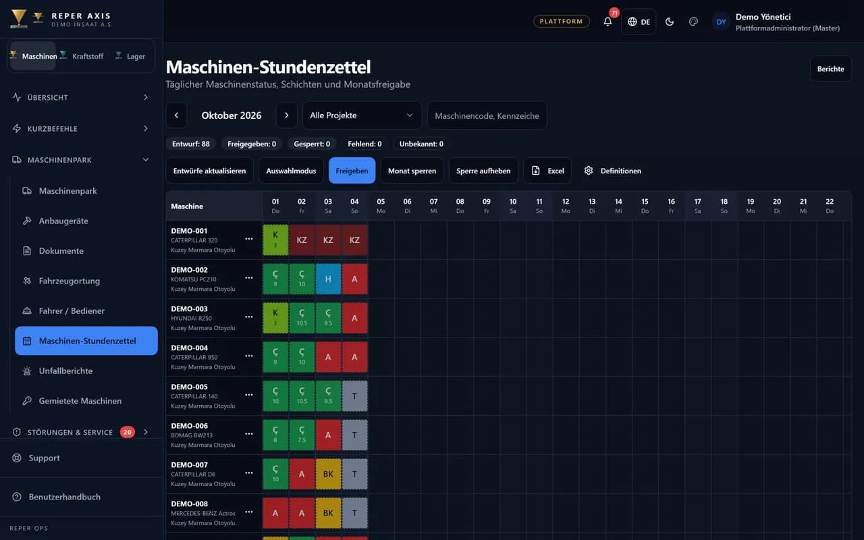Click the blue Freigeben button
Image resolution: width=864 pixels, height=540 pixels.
click(x=352, y=171)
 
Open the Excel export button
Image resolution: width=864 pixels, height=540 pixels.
click(x=547, y=171)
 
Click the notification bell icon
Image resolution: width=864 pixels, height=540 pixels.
click(x=607, y=22)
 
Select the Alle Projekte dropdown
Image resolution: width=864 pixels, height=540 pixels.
click(x=362, y=115)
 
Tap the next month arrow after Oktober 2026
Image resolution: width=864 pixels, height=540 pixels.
click(x=287, y=115)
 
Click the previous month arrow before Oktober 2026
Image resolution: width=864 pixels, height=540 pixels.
click(x=177, y=115)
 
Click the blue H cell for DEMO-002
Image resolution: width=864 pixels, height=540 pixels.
click(x=328, y=279)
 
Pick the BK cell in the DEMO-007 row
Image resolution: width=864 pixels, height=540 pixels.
click(x=328, y=474)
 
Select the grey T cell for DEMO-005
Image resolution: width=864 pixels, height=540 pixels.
click(x=354, y=396)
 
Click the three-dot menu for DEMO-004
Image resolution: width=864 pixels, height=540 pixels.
click(x=249, y=356)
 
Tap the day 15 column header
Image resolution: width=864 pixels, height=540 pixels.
click(x=645, y=206)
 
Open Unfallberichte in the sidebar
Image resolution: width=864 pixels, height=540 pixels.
click(x=65, y=371)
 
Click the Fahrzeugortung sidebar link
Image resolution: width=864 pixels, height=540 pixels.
click(x=70, y=281)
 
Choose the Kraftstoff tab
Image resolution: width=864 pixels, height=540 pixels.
click(x=82, y=56)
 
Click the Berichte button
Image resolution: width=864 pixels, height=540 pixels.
click(x=830, y=69)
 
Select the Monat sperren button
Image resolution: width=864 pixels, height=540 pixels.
click(x=412, y=171)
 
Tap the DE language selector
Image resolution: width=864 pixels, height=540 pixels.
click(x=639, y=22)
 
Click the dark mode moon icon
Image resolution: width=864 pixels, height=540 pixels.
click(x=670, y=22)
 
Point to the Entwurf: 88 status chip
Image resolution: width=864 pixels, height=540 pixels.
click(x=191, y=144)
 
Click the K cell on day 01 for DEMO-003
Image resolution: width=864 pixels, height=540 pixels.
click(x=275, y=318)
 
